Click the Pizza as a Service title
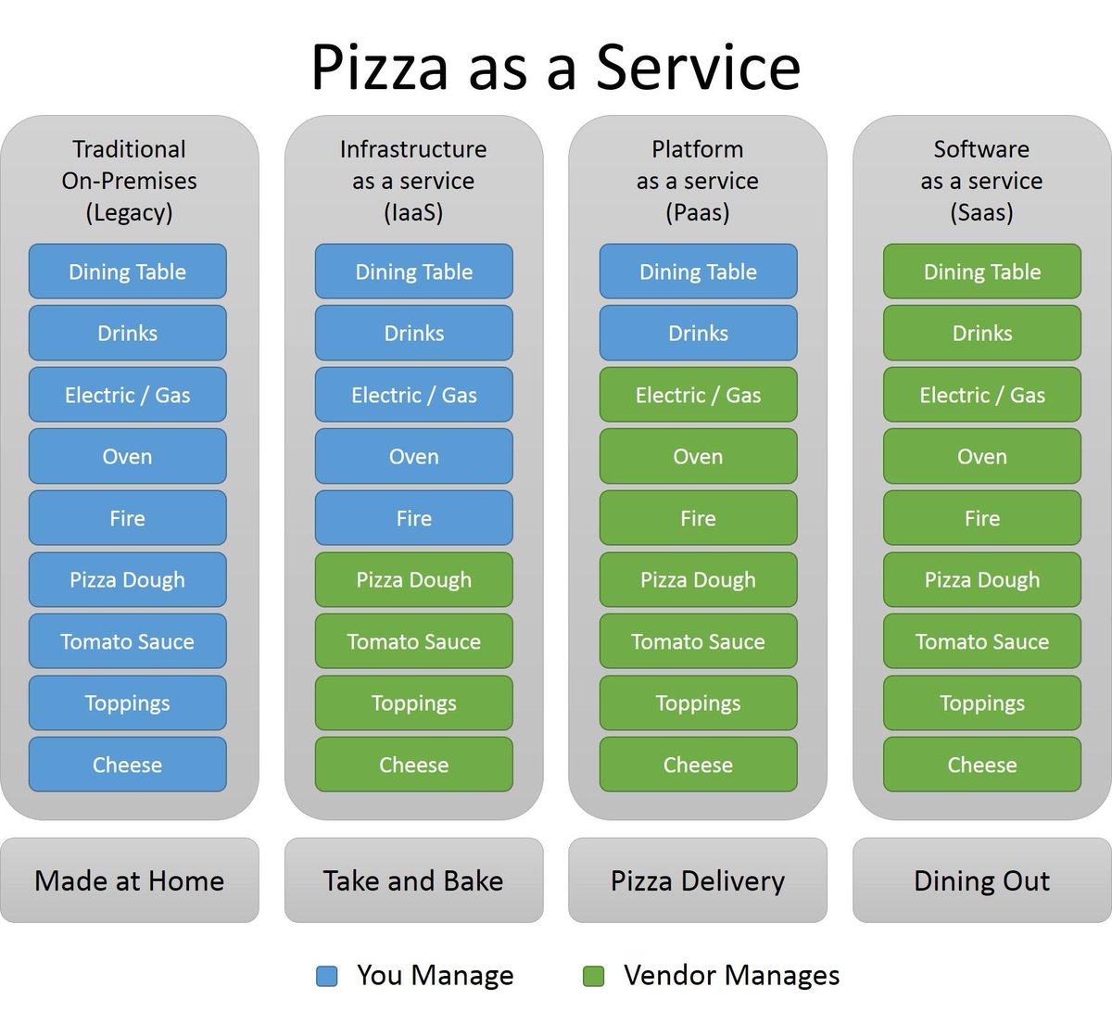pyautogui.click(x=555, y=67)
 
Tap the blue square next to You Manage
pyautogui.click(x=326, y=976)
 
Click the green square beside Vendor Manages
pyautogui.click(x=593, y=976)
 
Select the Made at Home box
pyautogui.click(x=130, y=880)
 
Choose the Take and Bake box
pyautogui.click(x=413, y=880)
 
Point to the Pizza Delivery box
pyautogui.click(x=698, y=880)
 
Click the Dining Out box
pyautogui.click(x=981, y=880)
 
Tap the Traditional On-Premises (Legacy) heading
pyautogui.click(x=130, y=181)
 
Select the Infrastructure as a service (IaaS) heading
pyautogui.click(x=413, y=181)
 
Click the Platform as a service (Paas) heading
pyautogui.click(x=698, y=181)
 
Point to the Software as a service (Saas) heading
pyautogui.click(x=981, y=181)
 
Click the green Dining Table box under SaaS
pyautogui.click(x=981, y=272)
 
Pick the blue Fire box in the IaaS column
pyautogui.click(x=413, y=518)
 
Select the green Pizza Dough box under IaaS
pyautogui.click(x=413, y=580)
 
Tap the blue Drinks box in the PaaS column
pyautogui.click(x=698, y=333)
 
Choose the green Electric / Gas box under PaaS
pyautogui.click(x=698, y=395)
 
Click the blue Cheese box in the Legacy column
pyautogui.click(x=128, y=765)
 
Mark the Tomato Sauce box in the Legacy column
pyautogui.click(x=128, y=641)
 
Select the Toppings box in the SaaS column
pyautogui.click(x=981, y=703)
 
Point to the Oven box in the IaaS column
pyautogui.click(x=413, y=456)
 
